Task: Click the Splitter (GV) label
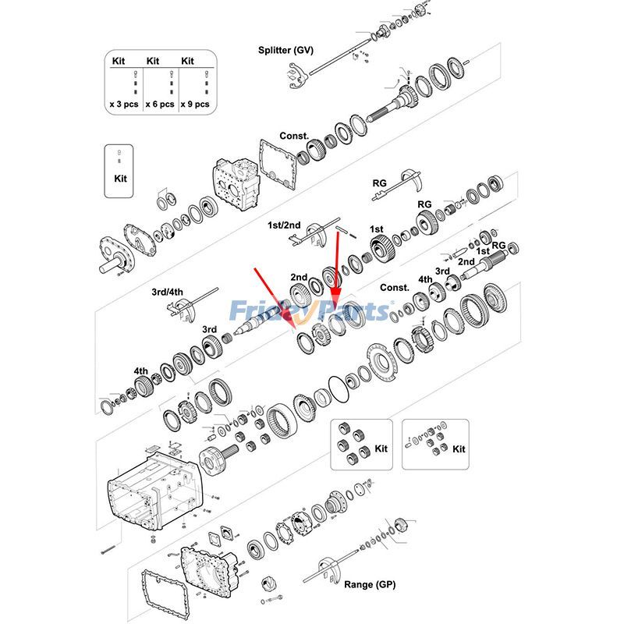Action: click(285, 51)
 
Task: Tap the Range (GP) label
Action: click(370, 584)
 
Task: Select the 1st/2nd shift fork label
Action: click(284, 225)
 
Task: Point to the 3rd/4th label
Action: click(167, 292)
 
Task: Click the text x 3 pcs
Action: click(124, 103)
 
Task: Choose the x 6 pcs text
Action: click(159, 103)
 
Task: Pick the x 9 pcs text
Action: click(194, 103)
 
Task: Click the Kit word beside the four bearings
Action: click(381, 449)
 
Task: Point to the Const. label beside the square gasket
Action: click(294, 136)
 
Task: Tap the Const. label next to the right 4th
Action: click(394, 287)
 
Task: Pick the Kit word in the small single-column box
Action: click(119, 179)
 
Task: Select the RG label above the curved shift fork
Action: click(379, 183)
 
